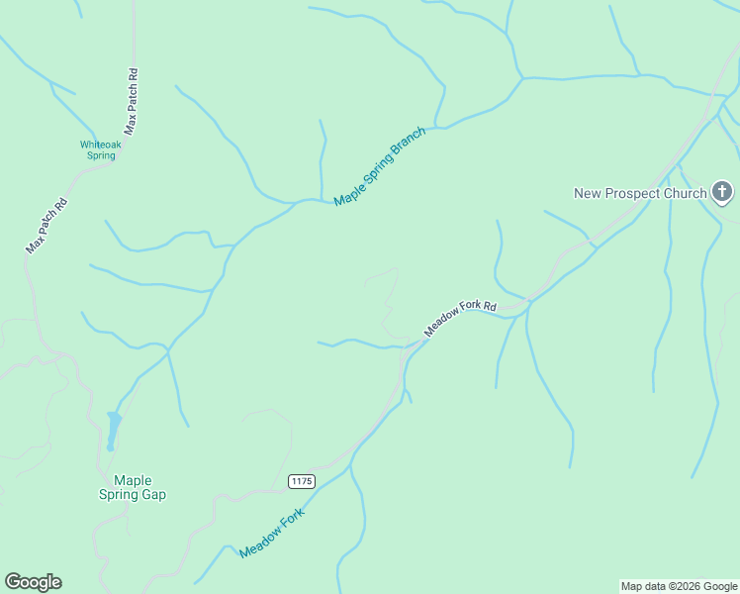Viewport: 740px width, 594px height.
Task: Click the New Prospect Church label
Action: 640,193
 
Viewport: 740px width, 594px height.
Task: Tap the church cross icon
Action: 722,193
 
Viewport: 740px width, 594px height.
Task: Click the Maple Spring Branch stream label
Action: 380,166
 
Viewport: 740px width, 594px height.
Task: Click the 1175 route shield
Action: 302,481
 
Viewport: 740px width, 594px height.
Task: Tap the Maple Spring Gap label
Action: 133,487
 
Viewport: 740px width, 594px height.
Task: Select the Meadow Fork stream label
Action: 272,534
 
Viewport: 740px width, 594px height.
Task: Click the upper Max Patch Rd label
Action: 131,101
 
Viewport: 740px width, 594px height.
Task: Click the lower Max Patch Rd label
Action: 46,227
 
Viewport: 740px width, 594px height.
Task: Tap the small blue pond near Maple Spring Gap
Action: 114,428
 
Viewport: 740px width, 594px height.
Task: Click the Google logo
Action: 33,582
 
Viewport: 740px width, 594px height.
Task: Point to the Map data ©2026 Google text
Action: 679,586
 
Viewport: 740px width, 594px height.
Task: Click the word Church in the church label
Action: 684,193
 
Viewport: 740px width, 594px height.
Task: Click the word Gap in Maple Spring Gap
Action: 152,494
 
